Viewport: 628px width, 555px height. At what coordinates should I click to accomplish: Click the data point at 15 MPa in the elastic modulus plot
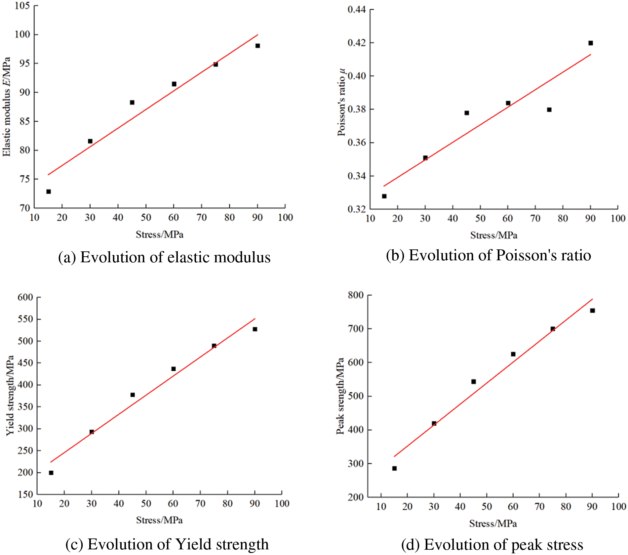(x=49, y=192)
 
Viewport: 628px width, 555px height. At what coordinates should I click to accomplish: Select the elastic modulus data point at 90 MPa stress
(x=257, y=46)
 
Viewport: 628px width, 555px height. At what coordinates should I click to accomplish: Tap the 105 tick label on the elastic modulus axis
(x=22, y=6)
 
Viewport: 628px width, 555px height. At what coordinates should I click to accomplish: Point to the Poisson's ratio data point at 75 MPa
(x=549, y=110)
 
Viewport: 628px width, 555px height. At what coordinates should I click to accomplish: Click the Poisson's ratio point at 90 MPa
(x=590, y=43)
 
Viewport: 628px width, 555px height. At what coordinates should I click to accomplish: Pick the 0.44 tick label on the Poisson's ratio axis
(x=357, y=10)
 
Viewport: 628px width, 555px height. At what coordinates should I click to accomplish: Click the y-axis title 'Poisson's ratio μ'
(x=342, y=102)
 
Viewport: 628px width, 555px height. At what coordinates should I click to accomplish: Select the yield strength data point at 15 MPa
(x=51, y=473)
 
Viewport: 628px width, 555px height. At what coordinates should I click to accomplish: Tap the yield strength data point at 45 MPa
(x=133, y=395)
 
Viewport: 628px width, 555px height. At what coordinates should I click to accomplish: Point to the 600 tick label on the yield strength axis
(x=25, y=297)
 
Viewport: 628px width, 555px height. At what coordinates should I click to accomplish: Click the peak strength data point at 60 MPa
(x=513, y=354)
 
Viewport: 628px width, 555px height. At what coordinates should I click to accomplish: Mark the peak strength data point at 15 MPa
(x=394, y=468)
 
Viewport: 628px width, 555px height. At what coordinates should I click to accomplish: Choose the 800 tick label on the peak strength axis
(x=356, y=295)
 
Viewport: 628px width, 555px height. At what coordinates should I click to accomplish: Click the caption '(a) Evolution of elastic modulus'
(x=164, y=257)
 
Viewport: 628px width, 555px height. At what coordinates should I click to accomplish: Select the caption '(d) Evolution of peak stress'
(x=492, y=544)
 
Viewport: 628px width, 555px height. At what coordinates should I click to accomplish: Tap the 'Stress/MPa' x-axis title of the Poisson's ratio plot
(x=494, y=235)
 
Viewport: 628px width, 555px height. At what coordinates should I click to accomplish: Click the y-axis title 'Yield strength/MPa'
(x=10, y=395)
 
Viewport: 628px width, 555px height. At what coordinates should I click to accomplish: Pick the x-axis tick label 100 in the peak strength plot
(x=618, y=506)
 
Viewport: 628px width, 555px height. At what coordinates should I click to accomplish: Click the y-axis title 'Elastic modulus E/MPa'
(x=7, y=107)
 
